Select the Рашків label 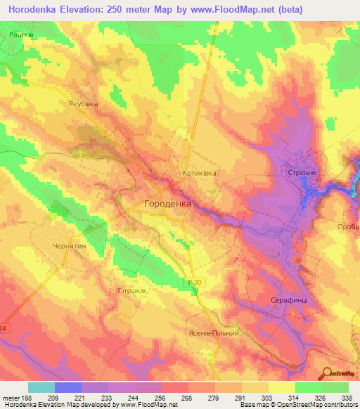pyautogui.click(x=22, y=34)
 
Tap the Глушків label pyautogui.click(x=131, y=289)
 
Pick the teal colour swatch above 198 pyautogui.click(x=41, y=387)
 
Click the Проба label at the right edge pyautogui.click(x=348, y=227)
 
